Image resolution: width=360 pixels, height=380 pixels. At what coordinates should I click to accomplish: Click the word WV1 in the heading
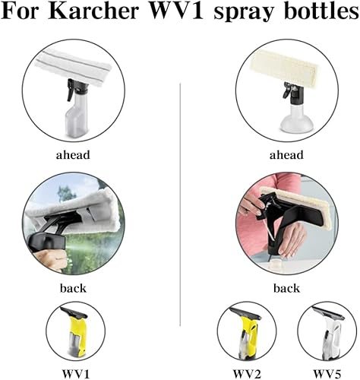[x=177, y=11]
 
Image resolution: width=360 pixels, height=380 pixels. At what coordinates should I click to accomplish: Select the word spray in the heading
[x=244, y=14]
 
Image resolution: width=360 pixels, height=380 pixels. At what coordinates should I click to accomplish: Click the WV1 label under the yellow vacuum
[x=76, y=374]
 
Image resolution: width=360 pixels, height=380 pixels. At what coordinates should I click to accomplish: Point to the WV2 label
[x=247, y=374]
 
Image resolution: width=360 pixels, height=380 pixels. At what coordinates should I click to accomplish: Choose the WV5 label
[x=327, y=374]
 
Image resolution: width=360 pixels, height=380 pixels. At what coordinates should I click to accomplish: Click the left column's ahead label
[x=73, y=155]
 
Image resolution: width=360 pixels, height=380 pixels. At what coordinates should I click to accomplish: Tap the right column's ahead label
[x=286, y=155]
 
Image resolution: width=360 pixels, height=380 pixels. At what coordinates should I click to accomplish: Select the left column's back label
[x=73, y=288]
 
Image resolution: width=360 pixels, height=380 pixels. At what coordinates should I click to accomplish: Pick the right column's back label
[x=286, y=288]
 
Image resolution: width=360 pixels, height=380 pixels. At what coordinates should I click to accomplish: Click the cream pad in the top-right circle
[x=284, y=66]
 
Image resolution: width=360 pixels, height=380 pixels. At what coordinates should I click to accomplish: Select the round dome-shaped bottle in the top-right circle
[x=295, y=119]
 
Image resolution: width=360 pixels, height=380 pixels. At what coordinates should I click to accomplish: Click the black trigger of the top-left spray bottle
[x=70, y=90]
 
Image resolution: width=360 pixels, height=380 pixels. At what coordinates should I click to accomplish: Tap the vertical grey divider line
[x=180, y=204]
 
